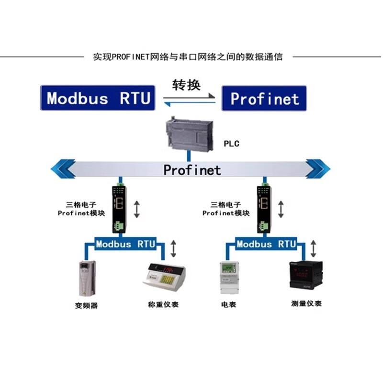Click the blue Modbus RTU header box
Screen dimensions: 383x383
pos(98,98)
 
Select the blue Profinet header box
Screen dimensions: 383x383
pos(264,98)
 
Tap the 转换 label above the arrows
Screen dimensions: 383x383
pos(186,85)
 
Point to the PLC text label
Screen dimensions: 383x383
pos(231,144)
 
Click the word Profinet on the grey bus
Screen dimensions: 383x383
pos(192,169)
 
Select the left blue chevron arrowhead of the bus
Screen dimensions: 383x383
pos(64,169)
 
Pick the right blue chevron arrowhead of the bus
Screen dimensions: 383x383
pos(318,169)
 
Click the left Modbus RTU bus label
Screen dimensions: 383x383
pos(125,244)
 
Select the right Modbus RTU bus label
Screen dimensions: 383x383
pos(267,244)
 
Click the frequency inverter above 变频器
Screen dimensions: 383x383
pos(87,278)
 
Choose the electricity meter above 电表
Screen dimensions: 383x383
pos(229,278)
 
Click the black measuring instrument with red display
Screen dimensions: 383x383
pos(302,274)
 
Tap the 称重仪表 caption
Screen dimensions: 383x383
pos(163,304)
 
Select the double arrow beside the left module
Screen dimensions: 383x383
pos(137,209)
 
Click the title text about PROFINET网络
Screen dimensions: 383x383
pos(188,56)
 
